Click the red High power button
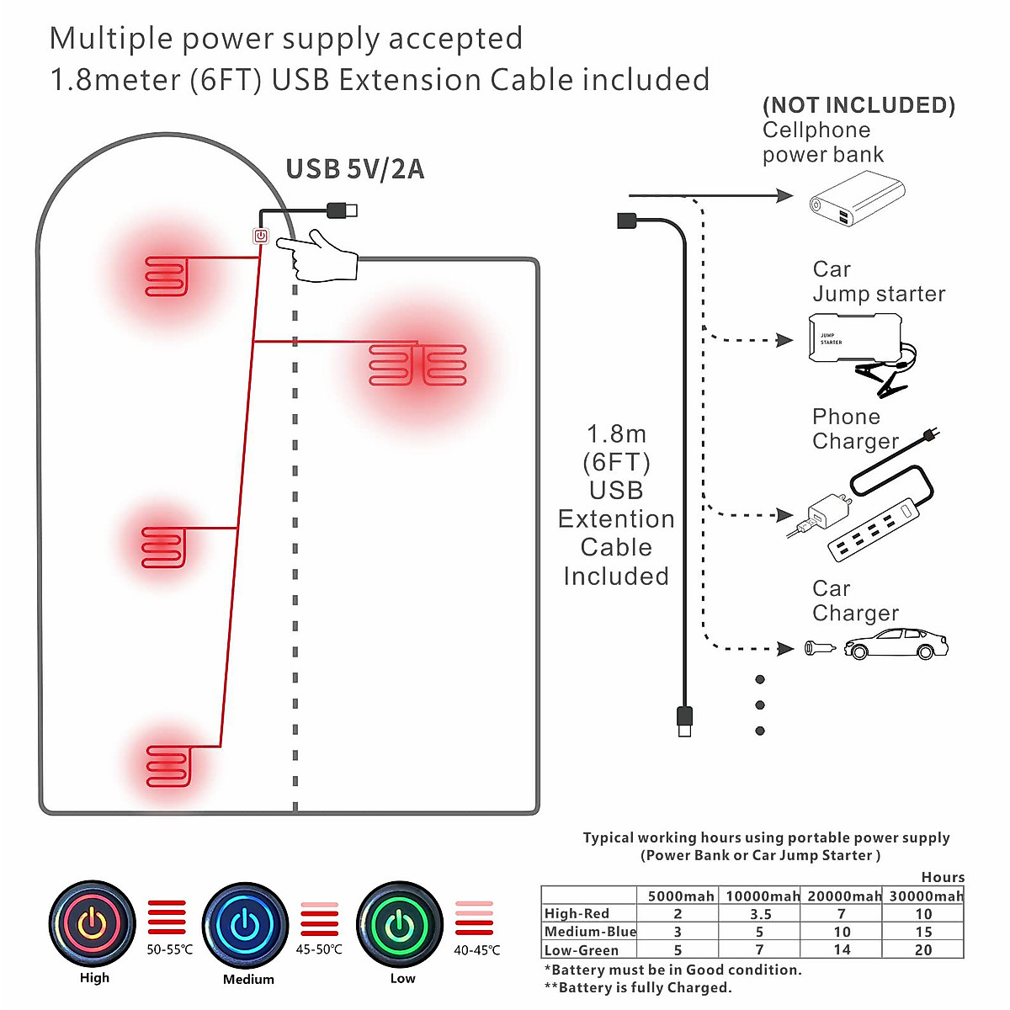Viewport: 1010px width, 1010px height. pyautogui.click(x=92, y=923)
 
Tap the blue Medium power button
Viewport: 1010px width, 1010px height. pyautogui.click(x=246, y=925)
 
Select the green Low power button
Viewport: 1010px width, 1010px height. pyautogui.click(x=400, y=925)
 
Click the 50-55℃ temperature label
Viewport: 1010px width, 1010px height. pyautogui.click(x=169, y=949)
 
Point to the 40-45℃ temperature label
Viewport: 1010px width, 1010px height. pyautogui.click(x=477, y=949)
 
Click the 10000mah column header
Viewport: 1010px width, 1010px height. pyautogui.click(x=763, y=896)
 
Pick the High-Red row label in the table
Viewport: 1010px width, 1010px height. pyautogui.click(x=577, y=913)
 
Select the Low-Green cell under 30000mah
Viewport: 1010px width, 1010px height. pyautogui.click(x=923, y=949)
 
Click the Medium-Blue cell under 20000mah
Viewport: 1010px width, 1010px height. pyautogui.click(x=842, y=932)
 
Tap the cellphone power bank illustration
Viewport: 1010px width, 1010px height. pyautogui.click(x=857, y=199)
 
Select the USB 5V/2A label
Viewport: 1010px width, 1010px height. pyautogui.click(x=354, y=169)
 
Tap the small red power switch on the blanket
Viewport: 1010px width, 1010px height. pyautogui.click(x=261, y=237)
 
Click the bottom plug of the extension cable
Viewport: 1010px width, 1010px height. pyautogui.click(x=685, y=721)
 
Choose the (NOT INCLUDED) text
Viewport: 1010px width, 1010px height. pyautogui.click(x=858, y=105)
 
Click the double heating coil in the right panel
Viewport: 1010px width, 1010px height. pyautogui.click(x=417, y=365)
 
